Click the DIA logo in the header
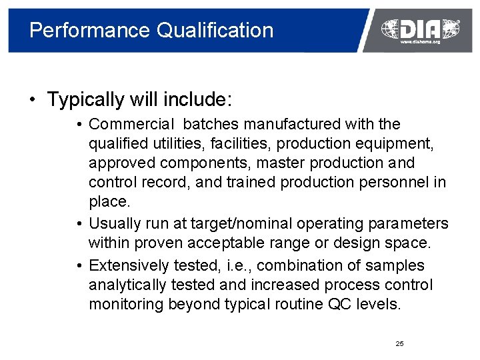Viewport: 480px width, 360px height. pos(419,28)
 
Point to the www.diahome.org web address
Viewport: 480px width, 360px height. pos(420,41)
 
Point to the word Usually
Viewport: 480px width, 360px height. pos(114,223)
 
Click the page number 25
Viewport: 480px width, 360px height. pos(399,343)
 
